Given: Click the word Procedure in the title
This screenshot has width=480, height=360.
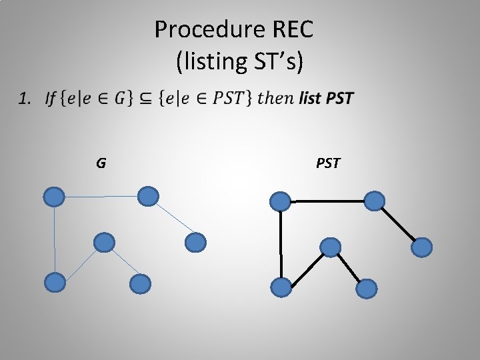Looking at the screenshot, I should pyautogui.click(x=199, y=29).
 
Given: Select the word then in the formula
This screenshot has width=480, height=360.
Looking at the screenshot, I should pyautogui.click(x=275, y=99).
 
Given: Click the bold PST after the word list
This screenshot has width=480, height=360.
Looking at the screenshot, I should pyautogui.click(x=339, y=99).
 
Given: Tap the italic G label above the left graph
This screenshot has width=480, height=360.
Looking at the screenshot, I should pyautogui.click(x=101, y=163).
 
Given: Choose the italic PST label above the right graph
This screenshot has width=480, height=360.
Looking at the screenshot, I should pyautogui.click(x=327, y=163).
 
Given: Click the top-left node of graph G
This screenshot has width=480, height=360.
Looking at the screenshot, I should pyautogui.click(x=54, y=197).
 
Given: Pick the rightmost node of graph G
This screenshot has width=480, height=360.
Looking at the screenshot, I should pyautogui.click(x=195, y=243).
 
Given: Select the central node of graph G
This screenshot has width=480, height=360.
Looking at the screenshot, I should pyautogui.click(x=104, y=243).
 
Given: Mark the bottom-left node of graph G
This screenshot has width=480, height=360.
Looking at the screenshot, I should pyautogui.click(x=55, y=283).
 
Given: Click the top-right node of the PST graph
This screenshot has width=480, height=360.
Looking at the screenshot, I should pyautogui.click(x=375, y=201).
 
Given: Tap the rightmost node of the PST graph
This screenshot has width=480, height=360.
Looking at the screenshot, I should pyautogui.click(x=421, y=247).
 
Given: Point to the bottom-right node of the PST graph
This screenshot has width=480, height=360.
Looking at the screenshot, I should pyautogui.click(x=366, y=289).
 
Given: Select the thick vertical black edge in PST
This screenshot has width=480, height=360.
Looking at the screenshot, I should pyautogui.click(x=281, y=244).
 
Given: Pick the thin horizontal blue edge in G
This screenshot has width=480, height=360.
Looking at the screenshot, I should pyautogui.click(x=101, y=197).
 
